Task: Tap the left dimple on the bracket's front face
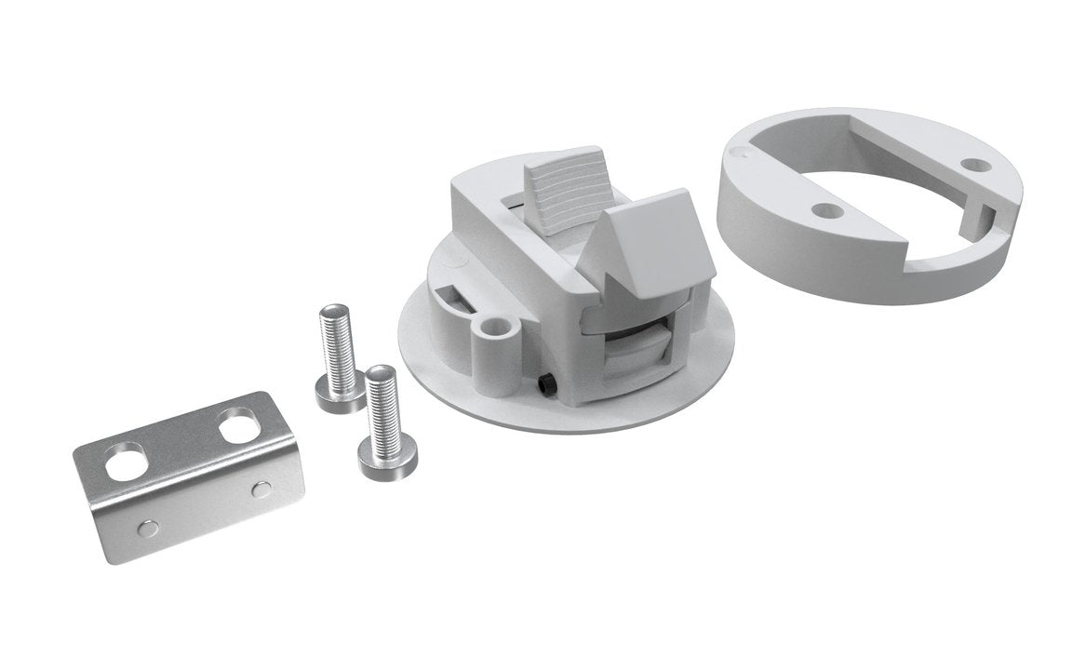pyautogui.click(x=148, y=528)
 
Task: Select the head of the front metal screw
pyautogui.click(x=386, y=455)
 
